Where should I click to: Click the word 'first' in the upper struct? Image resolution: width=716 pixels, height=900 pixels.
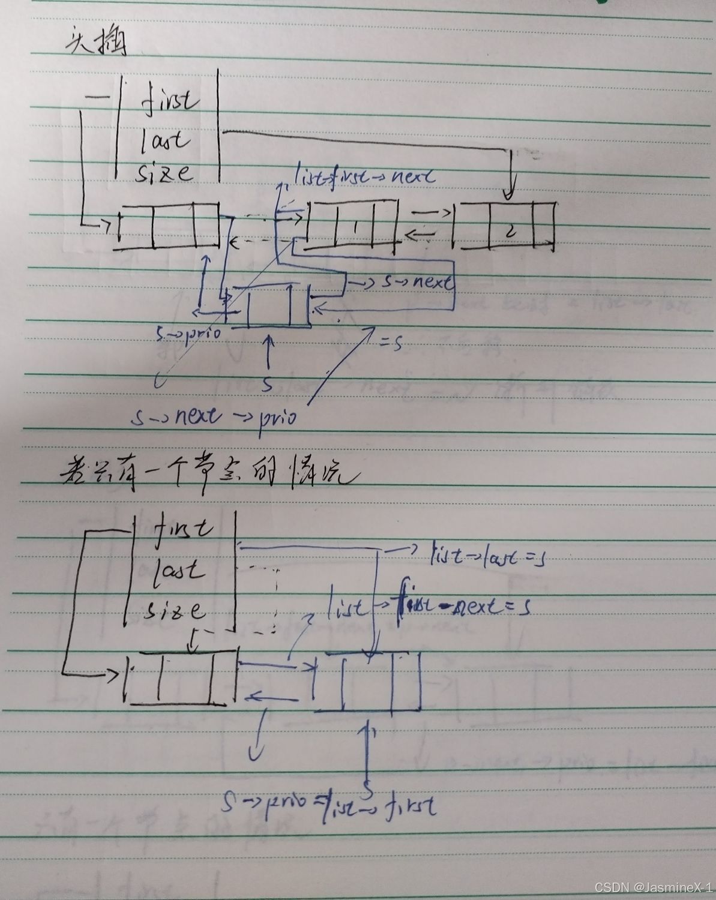pos(170,100)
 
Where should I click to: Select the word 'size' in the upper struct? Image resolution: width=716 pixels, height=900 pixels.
pos(165,173)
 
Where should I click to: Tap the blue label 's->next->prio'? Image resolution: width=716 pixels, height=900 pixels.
pos(214,416)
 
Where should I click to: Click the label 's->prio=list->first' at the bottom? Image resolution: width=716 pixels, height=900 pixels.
pos(329,802)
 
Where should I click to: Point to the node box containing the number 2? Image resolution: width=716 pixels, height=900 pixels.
pos(504,227)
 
